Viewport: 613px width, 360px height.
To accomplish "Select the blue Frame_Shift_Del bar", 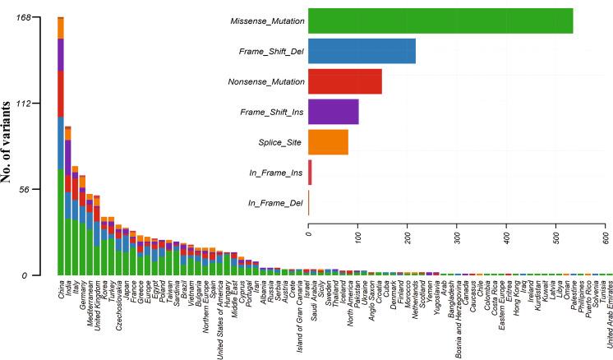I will pos(362,51).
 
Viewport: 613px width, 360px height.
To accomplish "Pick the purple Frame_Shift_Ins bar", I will pos(333,112).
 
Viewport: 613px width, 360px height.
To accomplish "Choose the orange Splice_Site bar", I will pos(328,142).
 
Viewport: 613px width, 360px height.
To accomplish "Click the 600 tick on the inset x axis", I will pos(605,240).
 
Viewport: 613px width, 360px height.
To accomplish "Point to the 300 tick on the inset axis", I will pos(457,240).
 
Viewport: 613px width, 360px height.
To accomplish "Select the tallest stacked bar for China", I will pos(61,148).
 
